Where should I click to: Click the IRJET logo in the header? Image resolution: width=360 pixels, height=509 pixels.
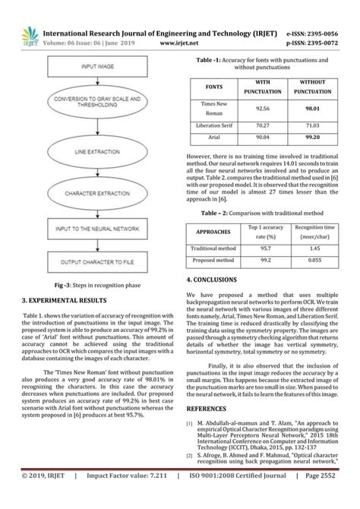(x=29, y=36)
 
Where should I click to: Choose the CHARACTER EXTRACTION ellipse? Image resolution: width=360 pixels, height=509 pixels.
(x=99, y=194)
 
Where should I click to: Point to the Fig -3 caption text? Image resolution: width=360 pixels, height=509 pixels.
(x=96, y=286)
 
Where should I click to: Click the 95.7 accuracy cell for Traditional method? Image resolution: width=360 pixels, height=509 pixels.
(x=266, y=248)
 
